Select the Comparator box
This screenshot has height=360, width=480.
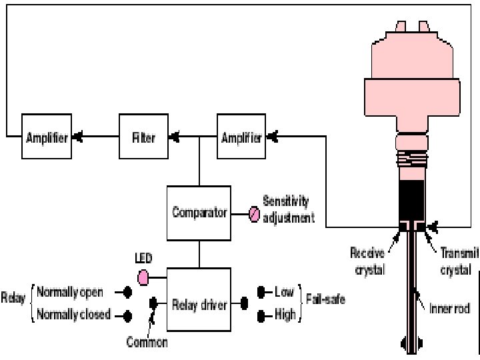click(x=198, y=214)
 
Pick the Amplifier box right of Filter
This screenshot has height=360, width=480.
click(x=241, y=137)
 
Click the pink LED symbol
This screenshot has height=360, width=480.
click(x=143, y=276)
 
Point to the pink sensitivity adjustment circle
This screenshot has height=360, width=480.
click(x=254, y=214)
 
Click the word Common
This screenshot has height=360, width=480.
click(x=147, y=343)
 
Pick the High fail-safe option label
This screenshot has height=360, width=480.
click(x=285, y=314)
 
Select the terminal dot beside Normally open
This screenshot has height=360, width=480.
click(x=127, y=292)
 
